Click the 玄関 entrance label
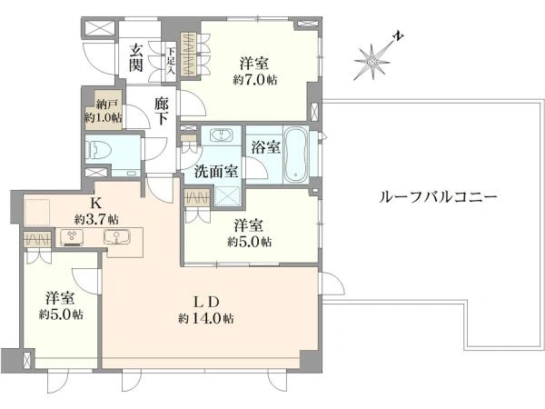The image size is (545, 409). click(136, 58)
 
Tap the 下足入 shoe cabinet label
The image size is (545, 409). click(171, 61)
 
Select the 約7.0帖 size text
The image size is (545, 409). click(254, 80)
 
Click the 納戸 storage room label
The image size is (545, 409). click(104, 104)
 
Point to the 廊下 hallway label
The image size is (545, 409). click(162, 111)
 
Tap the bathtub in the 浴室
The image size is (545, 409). click(296, 155)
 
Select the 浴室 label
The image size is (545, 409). click(266, 147)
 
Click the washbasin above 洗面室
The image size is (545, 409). click(221, 135)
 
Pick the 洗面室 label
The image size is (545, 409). click(216, 171)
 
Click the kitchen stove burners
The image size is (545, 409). click(72, 237)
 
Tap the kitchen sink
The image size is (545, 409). click(117, 236)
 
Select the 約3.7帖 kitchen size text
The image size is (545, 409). click(96, 219)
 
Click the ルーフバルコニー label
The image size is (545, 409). click(438, 197)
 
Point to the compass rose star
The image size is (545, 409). click(372, 62)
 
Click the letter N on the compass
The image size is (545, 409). click(399, 35)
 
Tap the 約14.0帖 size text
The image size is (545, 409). click(206, 318)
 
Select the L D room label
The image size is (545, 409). click(206, 302)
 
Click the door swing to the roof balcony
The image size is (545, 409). click(332, 284)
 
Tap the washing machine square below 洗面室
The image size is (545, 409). click(227, 196)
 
